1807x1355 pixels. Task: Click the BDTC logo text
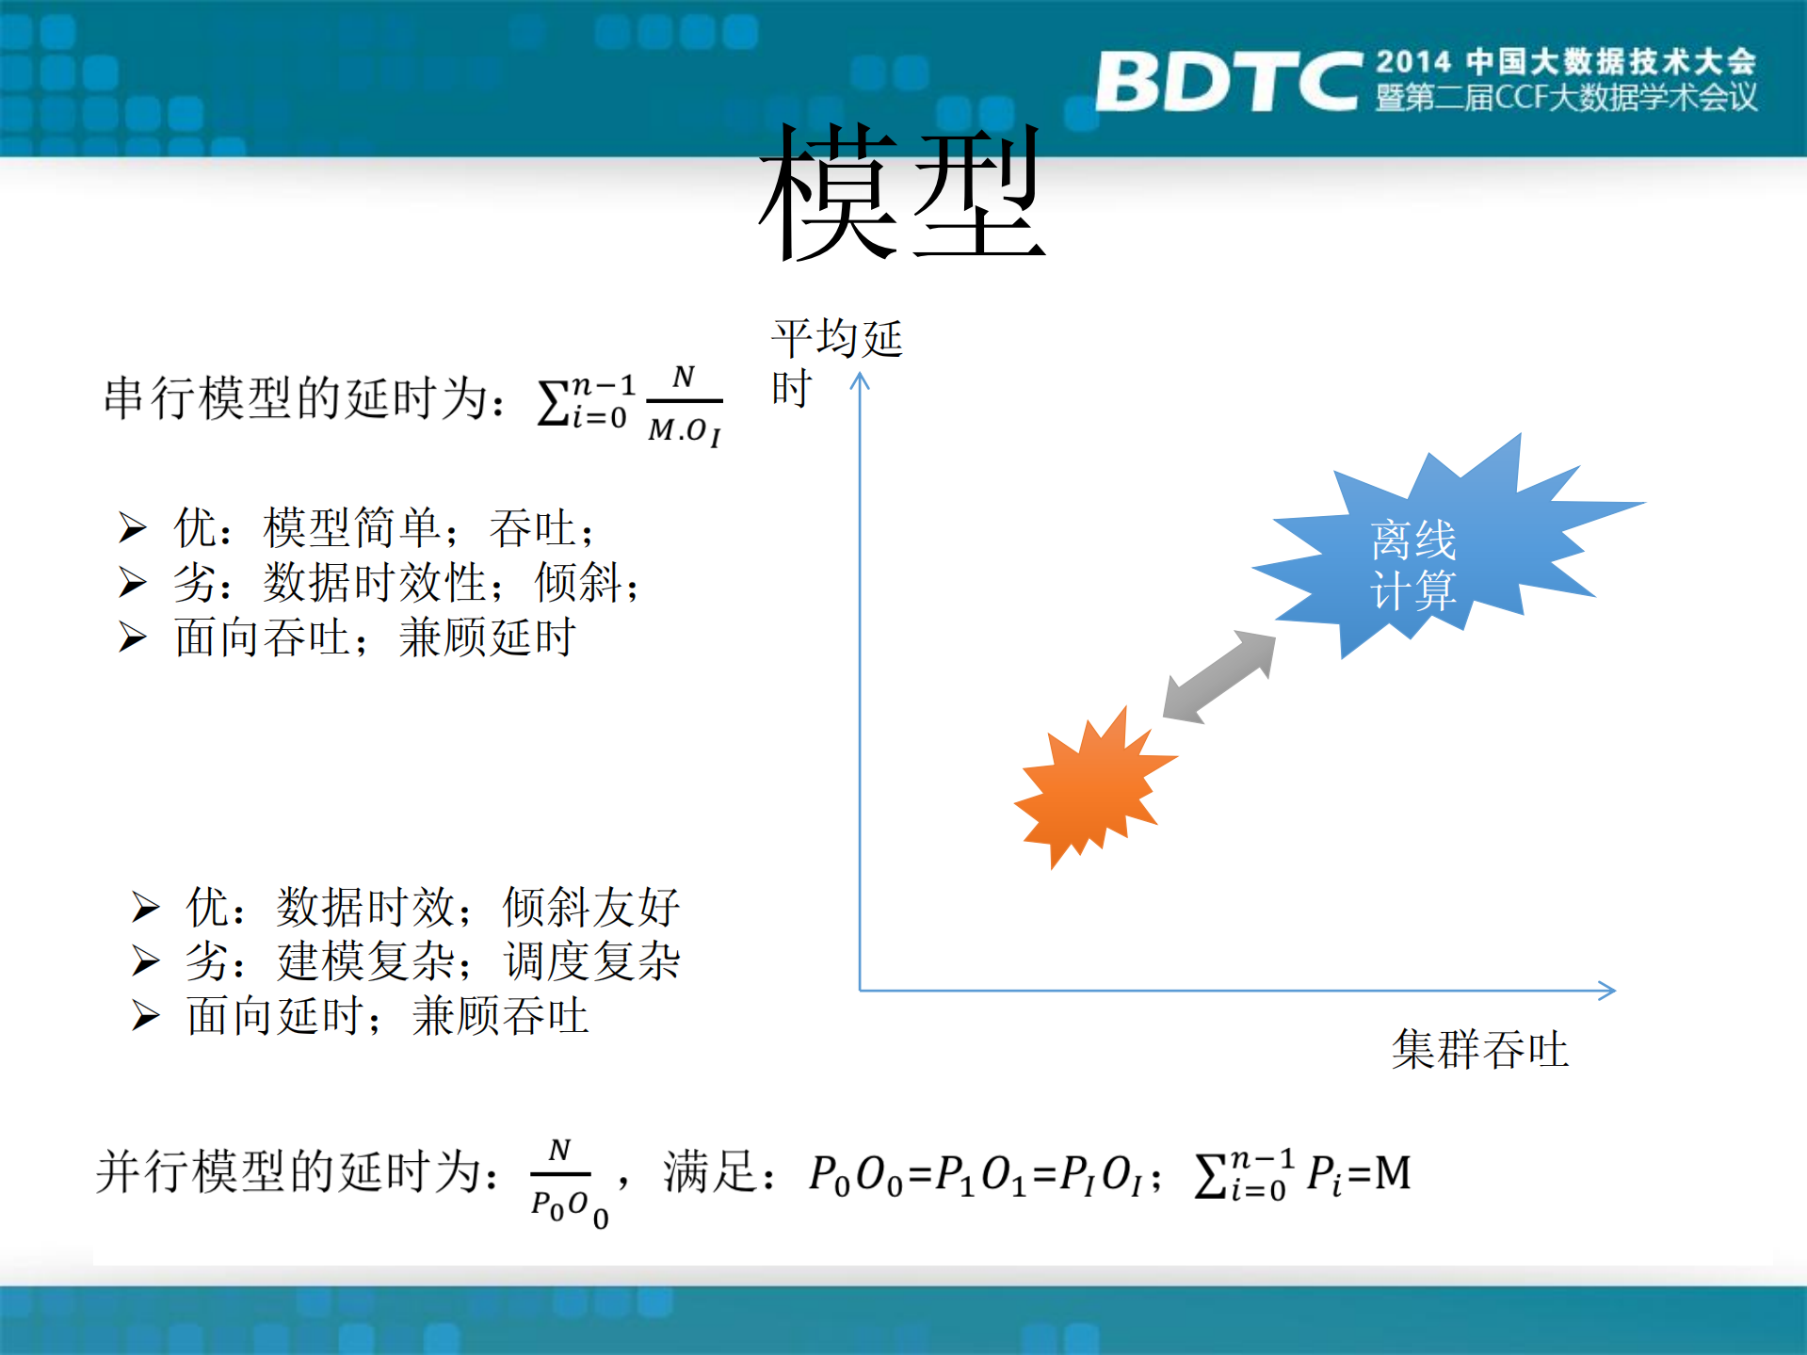(1229, 82)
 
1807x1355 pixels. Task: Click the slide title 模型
(901, 194)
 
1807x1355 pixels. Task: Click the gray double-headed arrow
(1219, 677)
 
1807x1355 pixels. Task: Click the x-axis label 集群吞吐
(1480, 1050)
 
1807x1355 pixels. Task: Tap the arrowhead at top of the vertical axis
(860, 379)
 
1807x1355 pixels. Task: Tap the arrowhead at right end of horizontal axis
(1608, 990)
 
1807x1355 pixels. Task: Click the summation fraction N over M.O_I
(684, 405)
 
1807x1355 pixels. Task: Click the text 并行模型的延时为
(297, 1172)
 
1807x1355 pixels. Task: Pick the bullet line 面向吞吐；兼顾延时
(375, 637)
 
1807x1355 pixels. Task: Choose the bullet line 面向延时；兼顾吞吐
(387, 1017)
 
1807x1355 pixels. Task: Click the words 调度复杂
(592, 961)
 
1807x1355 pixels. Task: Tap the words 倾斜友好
(591, 907)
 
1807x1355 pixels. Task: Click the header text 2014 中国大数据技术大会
(1565, 62)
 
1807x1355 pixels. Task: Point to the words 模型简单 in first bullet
(352, 527)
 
